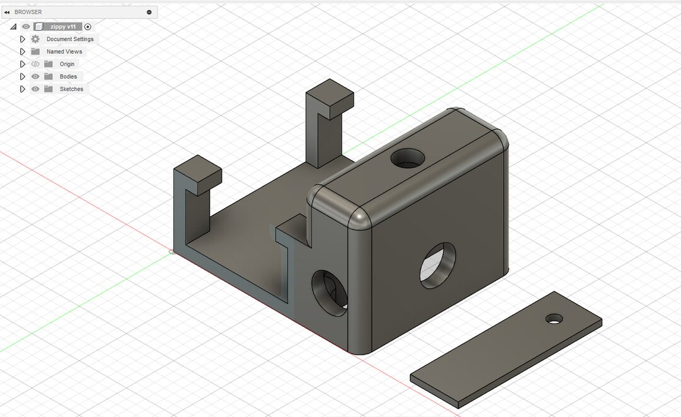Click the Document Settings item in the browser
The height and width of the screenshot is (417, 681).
coord(69,39)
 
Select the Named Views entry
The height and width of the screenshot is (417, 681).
coord(64,52)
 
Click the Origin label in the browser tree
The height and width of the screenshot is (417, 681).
coord(67,64)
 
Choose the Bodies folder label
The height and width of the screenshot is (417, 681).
coord(68,77)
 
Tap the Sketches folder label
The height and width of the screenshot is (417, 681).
coord(71,89)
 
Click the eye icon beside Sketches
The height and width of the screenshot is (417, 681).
coord(35,89)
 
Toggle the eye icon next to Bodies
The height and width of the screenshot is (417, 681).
coord(35,77)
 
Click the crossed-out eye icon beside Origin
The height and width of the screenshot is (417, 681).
coord(35,64)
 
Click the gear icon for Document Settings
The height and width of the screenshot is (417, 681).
coord(35,39)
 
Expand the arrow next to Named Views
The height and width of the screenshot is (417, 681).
coord(23,52)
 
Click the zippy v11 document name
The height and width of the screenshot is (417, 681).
coord(63,27)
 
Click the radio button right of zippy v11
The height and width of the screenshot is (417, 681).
coord(88,27)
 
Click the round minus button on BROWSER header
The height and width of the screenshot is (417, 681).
coord(149,12)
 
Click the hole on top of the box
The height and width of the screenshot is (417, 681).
coord(407,158)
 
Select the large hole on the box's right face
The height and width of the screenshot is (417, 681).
coord(438,265)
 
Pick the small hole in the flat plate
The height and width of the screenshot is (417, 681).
coord(554,319)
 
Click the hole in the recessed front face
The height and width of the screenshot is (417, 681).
coord(330,292)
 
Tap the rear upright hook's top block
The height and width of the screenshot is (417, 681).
coord(329,95)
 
